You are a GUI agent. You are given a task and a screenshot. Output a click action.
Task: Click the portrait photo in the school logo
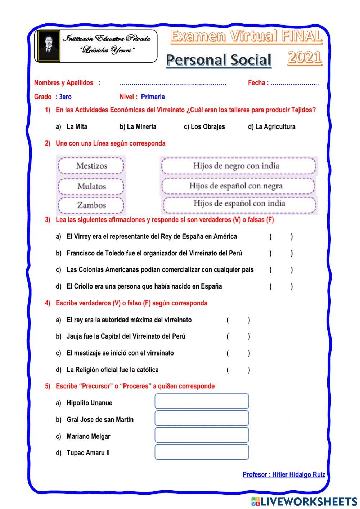coord(49,46)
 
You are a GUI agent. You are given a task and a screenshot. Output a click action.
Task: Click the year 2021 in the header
coord(305,57)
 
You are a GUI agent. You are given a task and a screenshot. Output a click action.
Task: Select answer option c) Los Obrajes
coord(204,127)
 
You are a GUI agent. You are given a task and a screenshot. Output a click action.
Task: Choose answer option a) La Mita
coord(72,127)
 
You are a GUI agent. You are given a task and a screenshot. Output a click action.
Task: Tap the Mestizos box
coord(91,166)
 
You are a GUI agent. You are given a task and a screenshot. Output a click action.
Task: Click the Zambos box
coord(91,205)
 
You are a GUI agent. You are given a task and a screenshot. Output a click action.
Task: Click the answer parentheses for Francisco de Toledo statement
coord(281,253)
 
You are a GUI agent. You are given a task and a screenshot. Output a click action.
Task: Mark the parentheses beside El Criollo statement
coord(281,287)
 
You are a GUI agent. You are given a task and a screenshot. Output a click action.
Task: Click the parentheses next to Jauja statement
coord(238,336)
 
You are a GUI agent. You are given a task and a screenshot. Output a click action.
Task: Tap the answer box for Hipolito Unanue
coord(202,401)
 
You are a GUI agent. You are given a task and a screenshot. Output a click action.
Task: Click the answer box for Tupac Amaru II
coord(202,452)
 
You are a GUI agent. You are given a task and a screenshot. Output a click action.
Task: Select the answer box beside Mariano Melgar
coord(202,435)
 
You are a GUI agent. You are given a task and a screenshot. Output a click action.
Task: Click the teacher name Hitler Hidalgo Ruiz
coord(284,474)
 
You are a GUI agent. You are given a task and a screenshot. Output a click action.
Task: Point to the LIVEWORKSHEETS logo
coord(304,501)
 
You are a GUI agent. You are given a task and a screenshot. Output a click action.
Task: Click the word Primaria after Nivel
coord(153,97)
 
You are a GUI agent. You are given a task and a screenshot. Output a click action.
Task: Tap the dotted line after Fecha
coord(294,83)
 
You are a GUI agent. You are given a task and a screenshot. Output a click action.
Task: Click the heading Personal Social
coord(219,60)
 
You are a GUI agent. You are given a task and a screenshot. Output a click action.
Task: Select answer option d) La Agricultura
coord(271,127)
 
